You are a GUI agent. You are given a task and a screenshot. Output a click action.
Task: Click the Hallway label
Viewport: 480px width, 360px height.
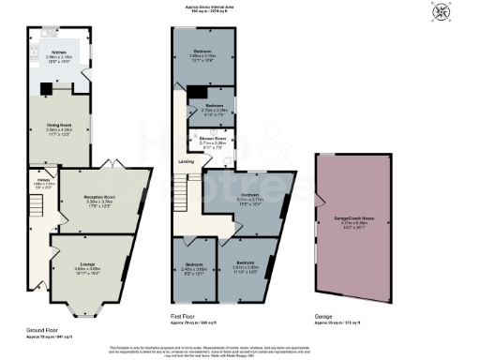coord(42,184)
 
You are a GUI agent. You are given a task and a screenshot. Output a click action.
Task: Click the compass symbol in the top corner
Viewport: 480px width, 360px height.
coord(466,13)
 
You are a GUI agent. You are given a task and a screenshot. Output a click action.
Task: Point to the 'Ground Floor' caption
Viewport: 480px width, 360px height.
coord(43,330)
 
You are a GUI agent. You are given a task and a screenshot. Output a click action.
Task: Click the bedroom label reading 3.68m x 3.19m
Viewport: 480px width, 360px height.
coord(202,54)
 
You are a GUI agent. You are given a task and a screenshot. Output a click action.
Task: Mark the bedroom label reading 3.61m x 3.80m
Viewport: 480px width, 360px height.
coord(246,266)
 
